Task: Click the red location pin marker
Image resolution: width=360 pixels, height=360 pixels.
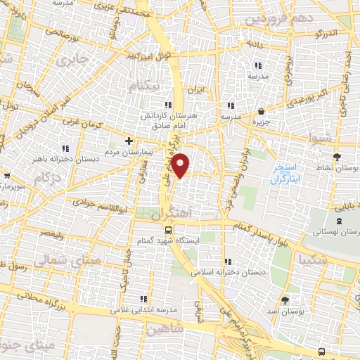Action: point(181,165)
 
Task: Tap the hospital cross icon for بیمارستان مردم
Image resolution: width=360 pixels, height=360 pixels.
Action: point(129,141)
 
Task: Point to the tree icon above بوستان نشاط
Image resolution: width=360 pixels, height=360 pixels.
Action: point(337,157)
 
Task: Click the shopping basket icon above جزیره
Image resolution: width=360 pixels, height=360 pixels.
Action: point(262,112)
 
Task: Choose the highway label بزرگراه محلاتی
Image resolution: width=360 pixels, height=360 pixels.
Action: point(49,304)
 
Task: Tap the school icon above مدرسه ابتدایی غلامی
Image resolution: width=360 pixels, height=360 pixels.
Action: point(144,298)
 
